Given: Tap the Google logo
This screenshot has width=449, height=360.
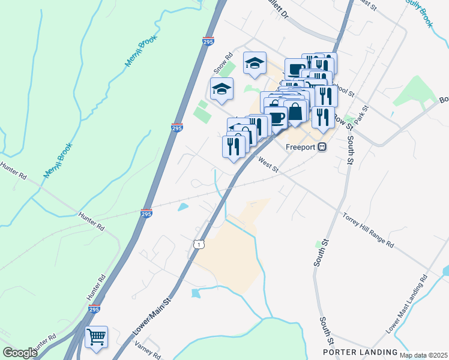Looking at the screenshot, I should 20,353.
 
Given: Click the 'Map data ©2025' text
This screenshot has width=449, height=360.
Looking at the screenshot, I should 423,355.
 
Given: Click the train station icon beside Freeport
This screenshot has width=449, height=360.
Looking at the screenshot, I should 322,146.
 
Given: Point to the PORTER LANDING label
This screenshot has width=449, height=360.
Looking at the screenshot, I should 360,352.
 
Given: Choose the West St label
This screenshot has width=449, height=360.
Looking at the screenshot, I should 268,164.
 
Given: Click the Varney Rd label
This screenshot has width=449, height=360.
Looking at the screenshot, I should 148,350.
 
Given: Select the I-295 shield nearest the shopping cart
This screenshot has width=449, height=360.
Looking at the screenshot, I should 94,310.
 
